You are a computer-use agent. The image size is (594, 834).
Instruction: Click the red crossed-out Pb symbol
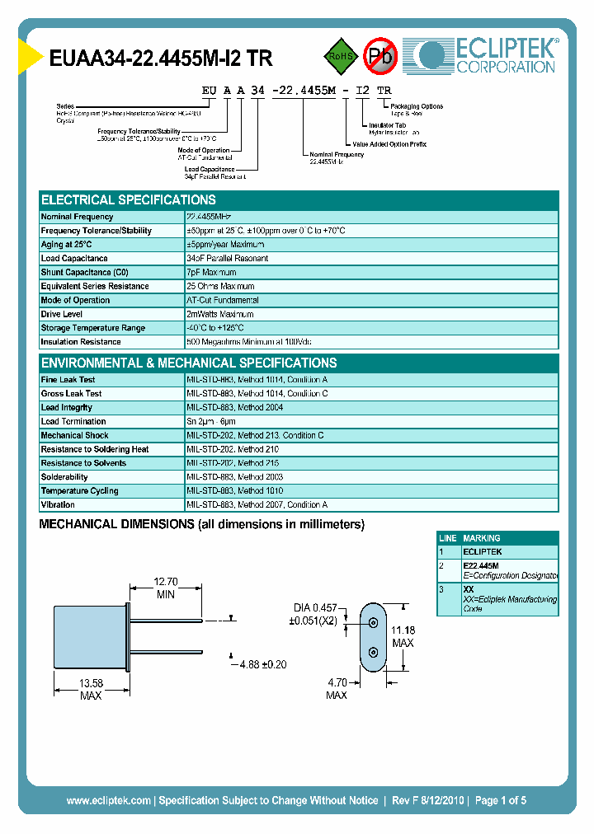point(380,56)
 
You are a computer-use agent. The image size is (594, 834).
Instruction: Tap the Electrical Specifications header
point(129,200)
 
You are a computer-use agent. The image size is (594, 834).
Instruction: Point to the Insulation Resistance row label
point(81,342)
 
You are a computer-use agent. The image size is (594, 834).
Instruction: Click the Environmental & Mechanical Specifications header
point(189,363)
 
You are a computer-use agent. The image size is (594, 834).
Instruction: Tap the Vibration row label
point(58,504)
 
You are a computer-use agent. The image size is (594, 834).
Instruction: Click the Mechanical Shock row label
point(74,435)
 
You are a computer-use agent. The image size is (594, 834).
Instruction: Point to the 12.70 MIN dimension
point(166,587)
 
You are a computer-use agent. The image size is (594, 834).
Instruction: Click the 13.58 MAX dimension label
point(91,689)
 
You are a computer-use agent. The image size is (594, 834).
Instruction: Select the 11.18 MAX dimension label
point(403,636)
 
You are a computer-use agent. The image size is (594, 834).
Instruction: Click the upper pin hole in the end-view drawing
point(373,624)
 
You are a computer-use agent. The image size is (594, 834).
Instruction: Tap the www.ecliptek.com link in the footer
point(108,800)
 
